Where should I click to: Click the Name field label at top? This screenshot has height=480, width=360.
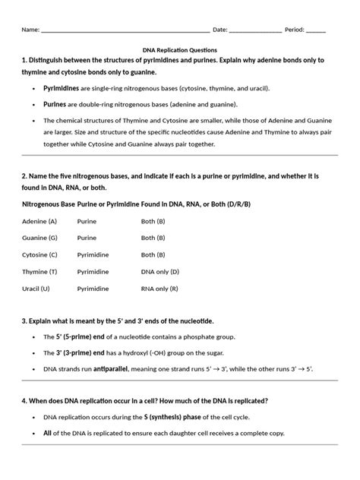point(30,30)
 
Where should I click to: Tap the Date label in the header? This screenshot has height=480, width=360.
point(219,30)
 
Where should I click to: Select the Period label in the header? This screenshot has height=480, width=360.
point(294,30)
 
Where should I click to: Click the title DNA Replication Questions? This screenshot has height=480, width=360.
point(179,48)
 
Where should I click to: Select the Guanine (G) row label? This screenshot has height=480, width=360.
point(41,238)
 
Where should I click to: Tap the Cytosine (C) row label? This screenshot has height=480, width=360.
point(41,254)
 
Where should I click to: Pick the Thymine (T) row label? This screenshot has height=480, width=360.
point(41,271)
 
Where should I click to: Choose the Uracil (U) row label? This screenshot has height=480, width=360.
point(36,288)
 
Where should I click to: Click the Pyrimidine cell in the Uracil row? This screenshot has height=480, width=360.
point(93,288)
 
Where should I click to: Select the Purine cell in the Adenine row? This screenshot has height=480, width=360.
point(87,221)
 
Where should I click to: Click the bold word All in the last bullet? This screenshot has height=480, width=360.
point(49,432)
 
